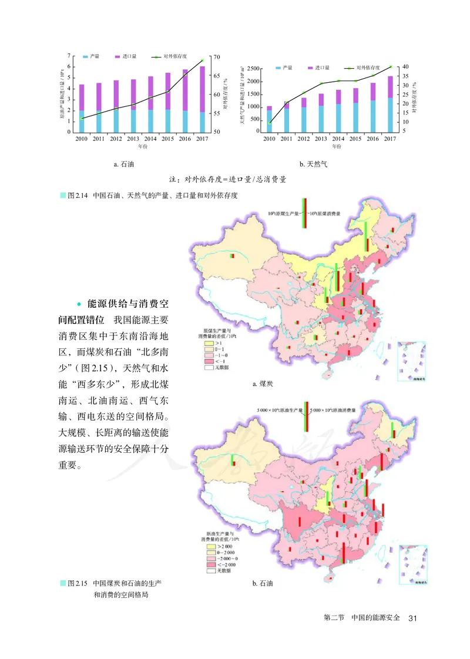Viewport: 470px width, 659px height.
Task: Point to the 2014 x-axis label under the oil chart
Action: pos(150,139)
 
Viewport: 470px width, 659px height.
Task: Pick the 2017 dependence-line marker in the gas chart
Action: pos(390,67)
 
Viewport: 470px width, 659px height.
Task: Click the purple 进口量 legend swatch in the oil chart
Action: pos(118,56)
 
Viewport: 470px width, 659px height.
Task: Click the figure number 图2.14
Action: pos(78,194)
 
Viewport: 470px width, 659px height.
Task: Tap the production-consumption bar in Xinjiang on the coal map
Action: pos(232,257)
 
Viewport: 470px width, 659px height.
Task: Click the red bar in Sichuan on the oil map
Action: pos(299,522)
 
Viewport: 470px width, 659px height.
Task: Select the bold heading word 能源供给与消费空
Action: pos(127,304)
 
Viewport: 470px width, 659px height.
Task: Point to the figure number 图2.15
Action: pos(78,584)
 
